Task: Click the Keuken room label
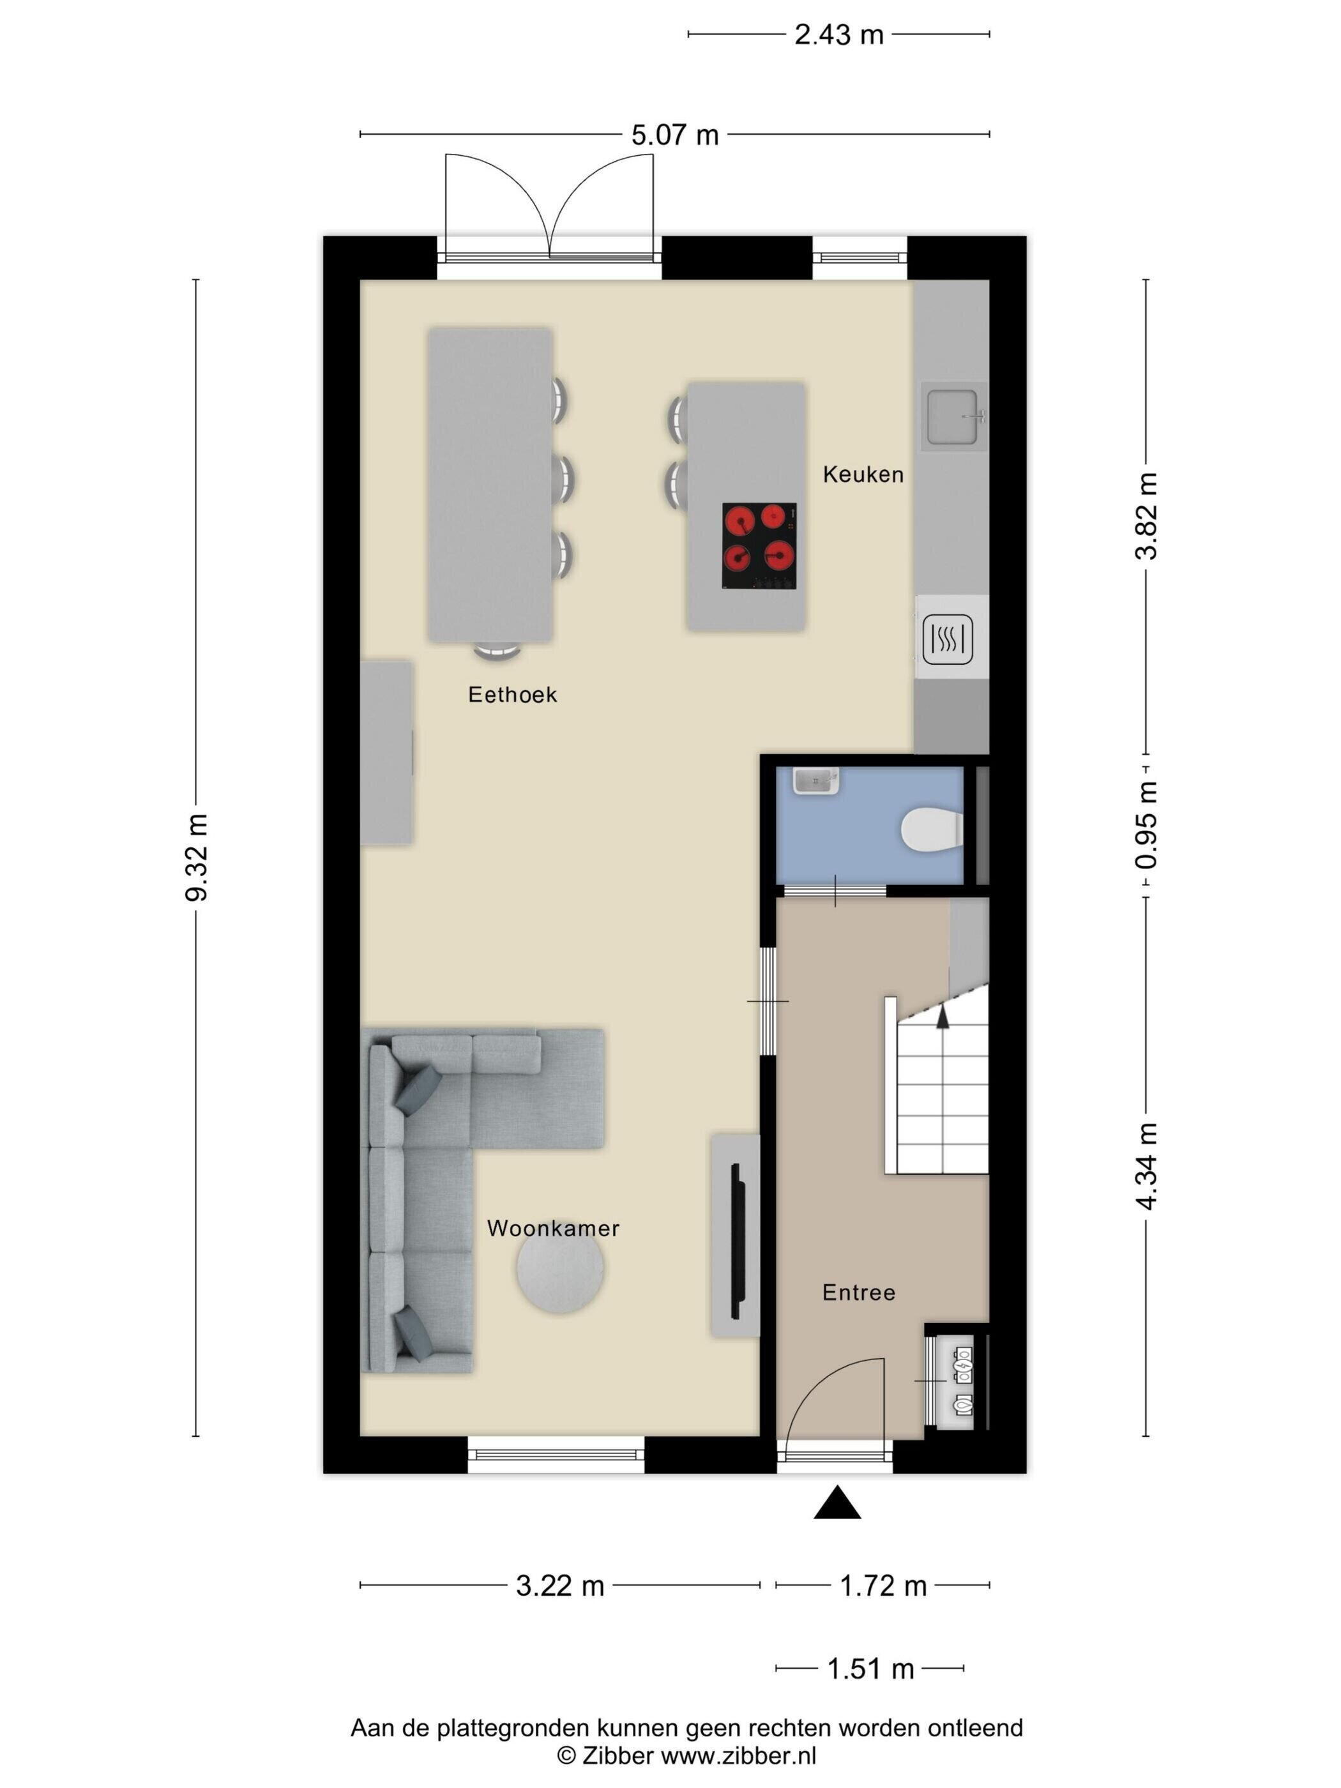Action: pyautogui.click(x=863, y=474)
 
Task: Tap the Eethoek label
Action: pyautogui.click(x=513, y=694)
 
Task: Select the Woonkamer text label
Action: pyautogui.click(x=553, y=1229)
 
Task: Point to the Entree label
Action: pyautogui.click(x=858, y=1292)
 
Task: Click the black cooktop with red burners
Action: pyautogui.click(x=759, y=545)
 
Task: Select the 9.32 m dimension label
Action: pyautogui.click(x=197, y=858)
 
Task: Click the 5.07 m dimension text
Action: pyautogui.click(x=675, y=135)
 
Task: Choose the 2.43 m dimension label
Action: pyautogui.click(x=839, y=34)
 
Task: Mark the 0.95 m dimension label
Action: pyautogui.click(x=1146, y=825)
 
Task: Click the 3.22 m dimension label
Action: pyautogui.click(x=560, y=1587)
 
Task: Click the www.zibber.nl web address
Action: pyautogui.click(x=739, y=1755)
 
